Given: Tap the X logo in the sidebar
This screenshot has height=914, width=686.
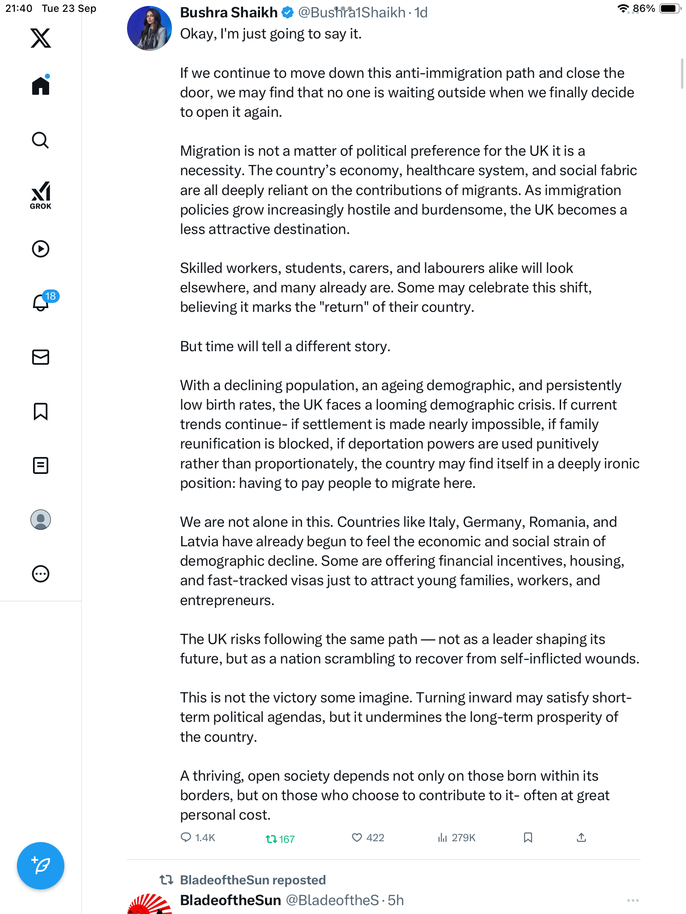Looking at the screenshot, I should [41, 38].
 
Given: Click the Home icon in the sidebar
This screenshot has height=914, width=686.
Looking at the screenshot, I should [41, 86].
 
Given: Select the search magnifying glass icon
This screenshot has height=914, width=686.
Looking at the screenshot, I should [41, 140].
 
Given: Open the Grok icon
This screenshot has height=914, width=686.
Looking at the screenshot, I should [41, 195].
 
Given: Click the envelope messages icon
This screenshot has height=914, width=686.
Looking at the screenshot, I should [41, 357].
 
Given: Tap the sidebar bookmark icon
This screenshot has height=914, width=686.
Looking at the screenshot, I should [41, 411].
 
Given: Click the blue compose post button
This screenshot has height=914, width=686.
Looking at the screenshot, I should [41, 866].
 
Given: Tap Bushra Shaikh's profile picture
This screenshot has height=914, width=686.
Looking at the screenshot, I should [149, 28].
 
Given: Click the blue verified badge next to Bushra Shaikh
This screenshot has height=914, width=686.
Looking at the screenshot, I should [288, 13].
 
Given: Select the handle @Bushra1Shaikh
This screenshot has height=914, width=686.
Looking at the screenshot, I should [351, 13].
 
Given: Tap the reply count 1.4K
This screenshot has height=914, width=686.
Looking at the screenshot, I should [198, 837].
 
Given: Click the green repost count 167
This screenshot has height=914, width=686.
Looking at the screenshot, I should [280, 839].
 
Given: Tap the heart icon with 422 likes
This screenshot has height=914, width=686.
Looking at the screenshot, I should [357, 837].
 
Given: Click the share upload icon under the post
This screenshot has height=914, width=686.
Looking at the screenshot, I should [581, 837].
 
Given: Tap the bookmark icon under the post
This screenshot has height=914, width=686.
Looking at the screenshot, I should [528, 837].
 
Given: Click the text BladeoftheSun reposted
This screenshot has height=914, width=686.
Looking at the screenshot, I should [252, 880].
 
